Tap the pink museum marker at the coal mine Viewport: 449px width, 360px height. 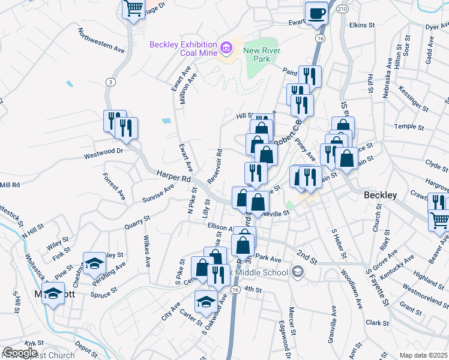tap(227, 47)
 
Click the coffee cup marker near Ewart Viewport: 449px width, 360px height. tap(316, 13)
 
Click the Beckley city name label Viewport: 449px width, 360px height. tap(381, 196)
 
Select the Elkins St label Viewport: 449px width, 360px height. tap(361, 26)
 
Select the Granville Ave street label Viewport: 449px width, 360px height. tap(331, 326)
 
